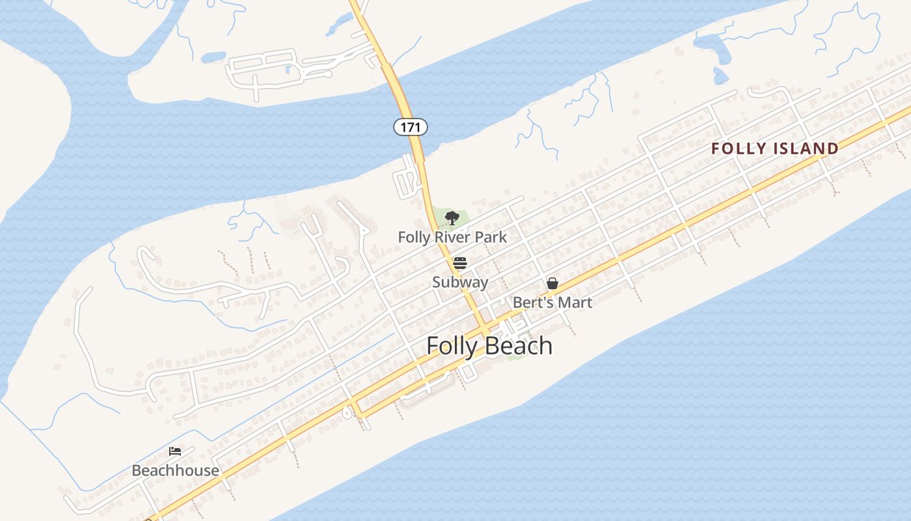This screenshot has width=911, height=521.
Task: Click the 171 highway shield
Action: pos(411,127)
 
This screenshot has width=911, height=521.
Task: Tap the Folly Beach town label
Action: pos(489,346)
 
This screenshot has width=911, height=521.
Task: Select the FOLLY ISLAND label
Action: pos(774,148)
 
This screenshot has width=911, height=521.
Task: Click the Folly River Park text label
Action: pos(452,237)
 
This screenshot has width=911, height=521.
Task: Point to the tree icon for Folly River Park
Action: pos(452,218)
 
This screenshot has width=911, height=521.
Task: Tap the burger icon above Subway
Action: pos(460,263)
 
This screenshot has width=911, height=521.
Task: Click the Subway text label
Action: pos(460,282)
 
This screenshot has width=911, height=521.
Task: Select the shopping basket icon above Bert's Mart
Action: pos(552,283)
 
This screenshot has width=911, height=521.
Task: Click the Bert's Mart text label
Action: pos(552,302)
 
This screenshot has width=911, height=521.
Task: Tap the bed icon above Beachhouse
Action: pos(174,451)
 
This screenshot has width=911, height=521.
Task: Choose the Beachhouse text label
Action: pos(175,470)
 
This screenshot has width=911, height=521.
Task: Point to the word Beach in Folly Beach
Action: pos(521,346)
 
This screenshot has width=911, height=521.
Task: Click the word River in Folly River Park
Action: pos(453,237)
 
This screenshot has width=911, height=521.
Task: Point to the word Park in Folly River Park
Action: pos(491,237)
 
